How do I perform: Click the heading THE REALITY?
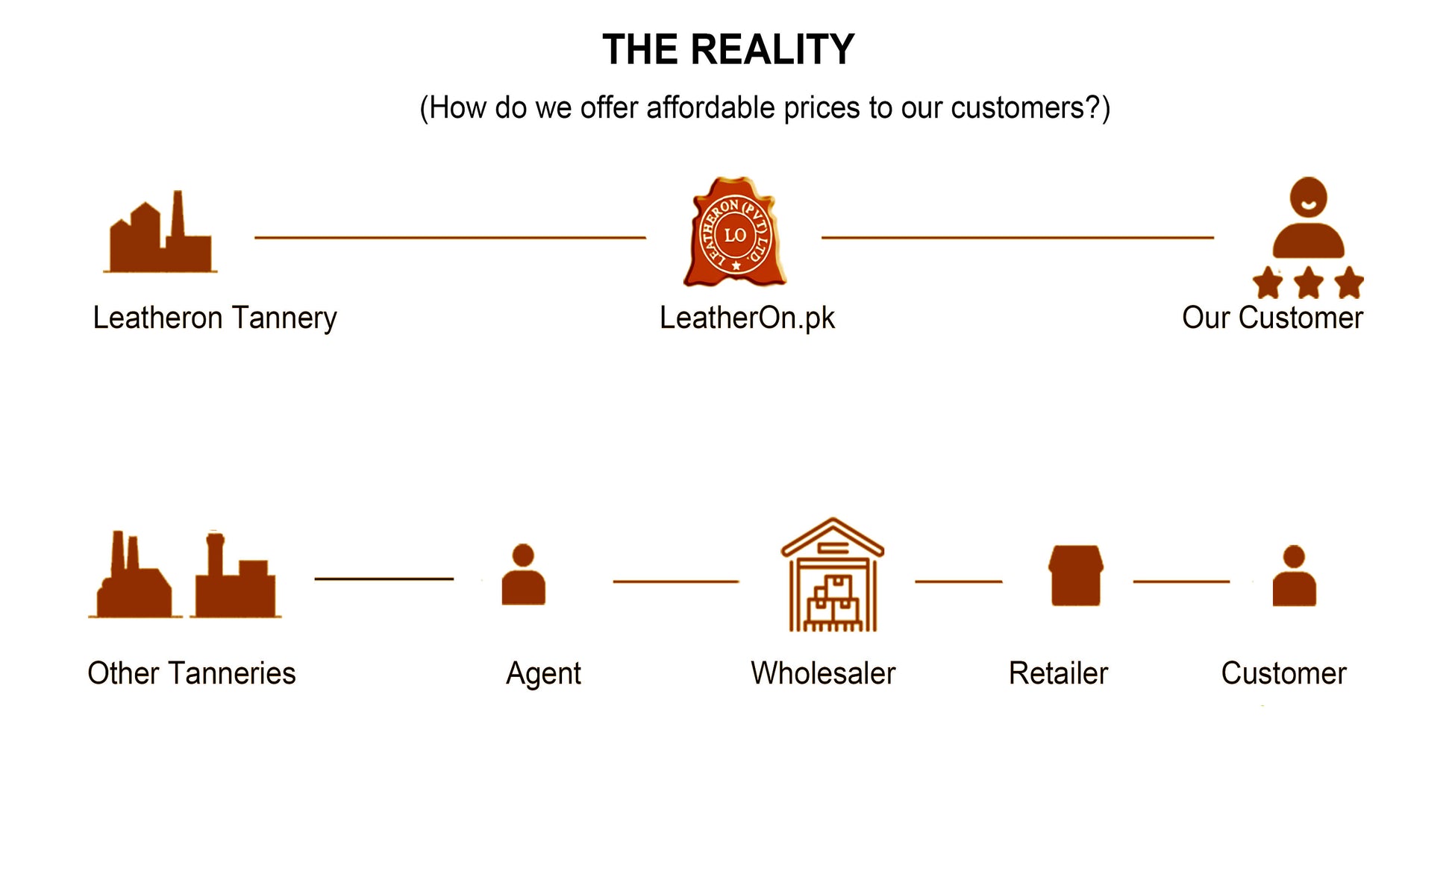(727, 50)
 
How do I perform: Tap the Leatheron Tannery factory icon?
(160, 233)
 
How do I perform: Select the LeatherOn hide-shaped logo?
(735, 233)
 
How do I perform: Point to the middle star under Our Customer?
(1308, 283)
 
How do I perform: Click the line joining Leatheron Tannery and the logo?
(450, 238)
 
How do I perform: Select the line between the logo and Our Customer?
(1017, 238)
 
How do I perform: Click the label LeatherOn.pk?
(747, 318)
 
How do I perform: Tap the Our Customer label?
(1272, 318)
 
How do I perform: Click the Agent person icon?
(523, 575)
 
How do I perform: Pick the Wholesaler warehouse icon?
(833, 576)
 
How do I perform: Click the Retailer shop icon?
(1075, 576)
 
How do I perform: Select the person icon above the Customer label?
(1294, 576)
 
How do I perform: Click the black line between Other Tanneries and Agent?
(384, 579)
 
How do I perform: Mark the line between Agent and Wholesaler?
(675, 582)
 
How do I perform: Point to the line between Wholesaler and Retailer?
(958, 582)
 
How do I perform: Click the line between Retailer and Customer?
(1180, 582)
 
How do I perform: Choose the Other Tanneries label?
(192, 673)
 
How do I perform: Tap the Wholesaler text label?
(823, 673)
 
